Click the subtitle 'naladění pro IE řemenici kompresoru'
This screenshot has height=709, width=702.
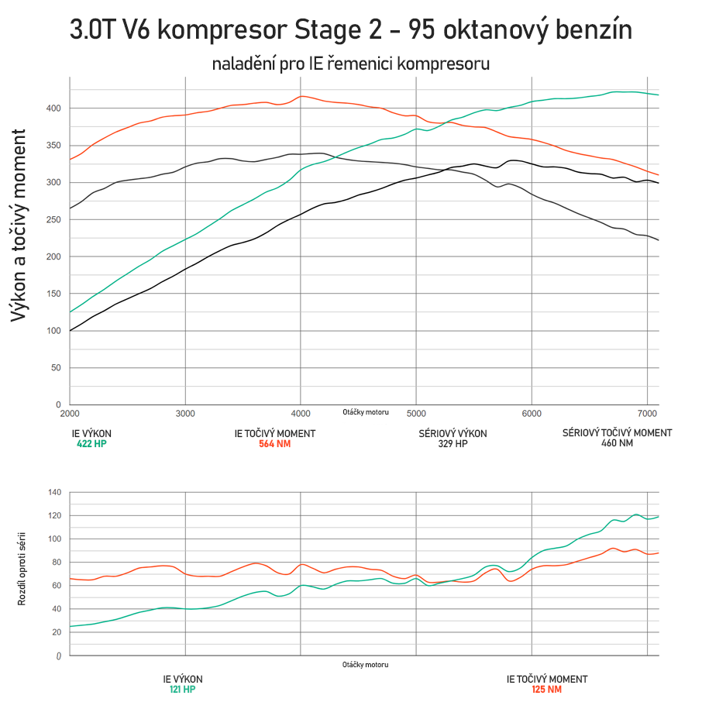[351, 64]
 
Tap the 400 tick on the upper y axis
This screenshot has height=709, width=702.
[52, 108]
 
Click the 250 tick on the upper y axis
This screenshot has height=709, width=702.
[52, 219]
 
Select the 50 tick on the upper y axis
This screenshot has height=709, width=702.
[55, 368]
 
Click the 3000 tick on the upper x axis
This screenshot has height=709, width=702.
[185, 415]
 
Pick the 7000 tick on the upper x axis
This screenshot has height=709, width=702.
[647, 415]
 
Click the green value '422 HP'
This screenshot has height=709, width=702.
[91, 444]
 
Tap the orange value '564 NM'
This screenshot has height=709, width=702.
[274, 444]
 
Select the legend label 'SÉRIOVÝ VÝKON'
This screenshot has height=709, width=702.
[453, 433]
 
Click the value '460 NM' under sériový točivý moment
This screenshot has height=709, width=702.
[617, 444]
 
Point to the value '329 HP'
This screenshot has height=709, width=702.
[453, 444]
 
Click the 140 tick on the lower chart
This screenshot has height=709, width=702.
[54, 492]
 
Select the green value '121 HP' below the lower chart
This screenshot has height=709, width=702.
[183, 689]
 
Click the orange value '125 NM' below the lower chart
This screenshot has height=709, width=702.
[546, 689]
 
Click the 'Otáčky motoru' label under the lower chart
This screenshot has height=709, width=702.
[365, 665]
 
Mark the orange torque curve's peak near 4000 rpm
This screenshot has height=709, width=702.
[301, 96]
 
